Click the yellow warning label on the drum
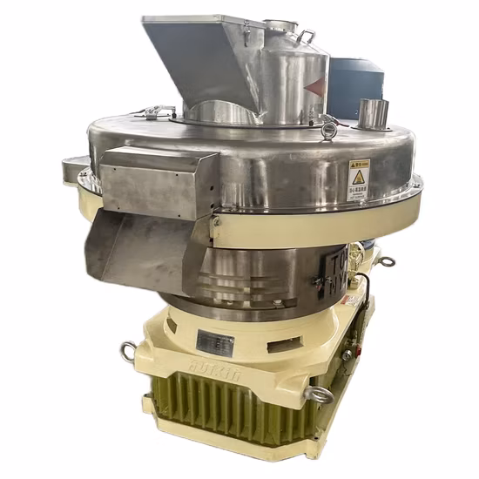pos(358,180)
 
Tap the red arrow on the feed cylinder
pos(318,86)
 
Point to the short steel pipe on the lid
pos(373,114)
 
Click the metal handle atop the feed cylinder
pos(307,37)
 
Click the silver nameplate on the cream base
pos(214,341)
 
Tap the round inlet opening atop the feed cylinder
pos(281,26)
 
